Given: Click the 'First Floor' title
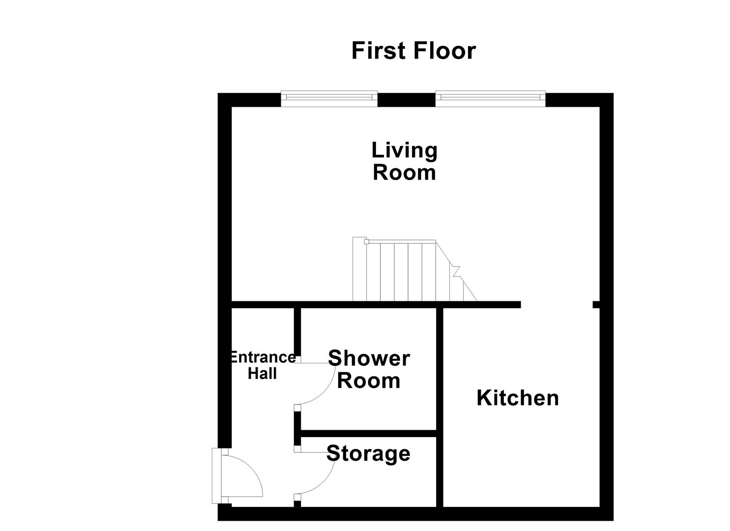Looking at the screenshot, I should coord(413,51).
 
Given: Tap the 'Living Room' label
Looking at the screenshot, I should coord(404,161).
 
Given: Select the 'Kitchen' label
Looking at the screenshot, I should coord(518,398).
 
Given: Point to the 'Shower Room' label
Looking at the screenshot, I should coord(369,369).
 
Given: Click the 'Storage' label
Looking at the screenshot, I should coord(368,453).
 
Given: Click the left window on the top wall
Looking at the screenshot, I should coord(329,99).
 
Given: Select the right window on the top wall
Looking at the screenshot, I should coord(490,99).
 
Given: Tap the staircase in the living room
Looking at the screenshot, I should coord(408,270).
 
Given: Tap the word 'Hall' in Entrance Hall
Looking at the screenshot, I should coord(263,374).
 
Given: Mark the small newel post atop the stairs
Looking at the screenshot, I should coord(366,241).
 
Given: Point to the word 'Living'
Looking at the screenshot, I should coord(404,150).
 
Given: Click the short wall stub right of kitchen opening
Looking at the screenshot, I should coord(596,304).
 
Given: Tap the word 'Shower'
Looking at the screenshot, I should coord(369,358).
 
